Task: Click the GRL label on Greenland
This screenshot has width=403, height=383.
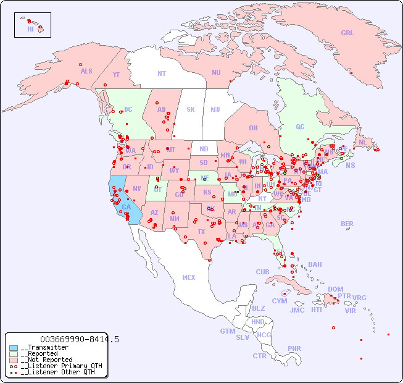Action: pos(347,33)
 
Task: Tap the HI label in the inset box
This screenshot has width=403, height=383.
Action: pos(30,29)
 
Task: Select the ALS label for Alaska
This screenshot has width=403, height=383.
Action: pos(86,71)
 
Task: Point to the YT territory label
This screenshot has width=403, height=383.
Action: pos(116,75)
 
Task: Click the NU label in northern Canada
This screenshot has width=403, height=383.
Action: pos(216,72)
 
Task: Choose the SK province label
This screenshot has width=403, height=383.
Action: pos(191,109)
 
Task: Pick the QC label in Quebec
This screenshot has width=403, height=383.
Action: pos(300,127)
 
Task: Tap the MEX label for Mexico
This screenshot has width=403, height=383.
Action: pos(189,277)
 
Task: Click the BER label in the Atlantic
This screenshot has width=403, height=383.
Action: pos(347,224)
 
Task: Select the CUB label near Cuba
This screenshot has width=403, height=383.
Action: pos(262,272)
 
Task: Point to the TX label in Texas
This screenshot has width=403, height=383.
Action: pos(201,232)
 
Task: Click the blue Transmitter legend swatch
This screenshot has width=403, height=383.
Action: pos(14,348)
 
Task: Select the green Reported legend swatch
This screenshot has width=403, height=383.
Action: pos(14,354)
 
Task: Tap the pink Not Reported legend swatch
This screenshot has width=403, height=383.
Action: pos(14,360)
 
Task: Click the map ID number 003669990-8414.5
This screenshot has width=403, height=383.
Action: pos(79,339)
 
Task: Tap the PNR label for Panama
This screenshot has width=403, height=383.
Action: pos(294,348)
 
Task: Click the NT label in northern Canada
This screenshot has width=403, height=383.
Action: pos(162,74)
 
